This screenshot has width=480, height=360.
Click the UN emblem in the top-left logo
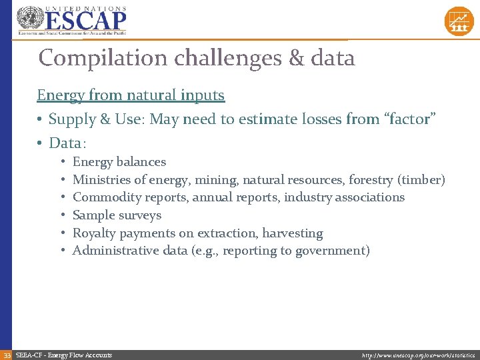pos(29,20)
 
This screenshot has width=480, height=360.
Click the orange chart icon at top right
pos(459,21)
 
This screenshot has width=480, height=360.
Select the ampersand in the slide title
pos(296,59)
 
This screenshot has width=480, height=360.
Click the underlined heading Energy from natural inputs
pos(131,95)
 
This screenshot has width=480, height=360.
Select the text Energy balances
pos(119,162)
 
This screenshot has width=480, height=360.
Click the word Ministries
pos(101,180)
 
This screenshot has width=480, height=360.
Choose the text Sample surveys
pos(117,215)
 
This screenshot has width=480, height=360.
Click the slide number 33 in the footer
pos(6,355)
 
